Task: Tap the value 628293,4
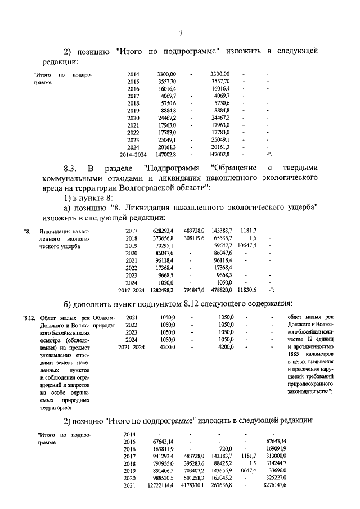point(163,231)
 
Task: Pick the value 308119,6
point(192,238)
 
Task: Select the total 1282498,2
point(162,290)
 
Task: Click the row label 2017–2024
point(132,290)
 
